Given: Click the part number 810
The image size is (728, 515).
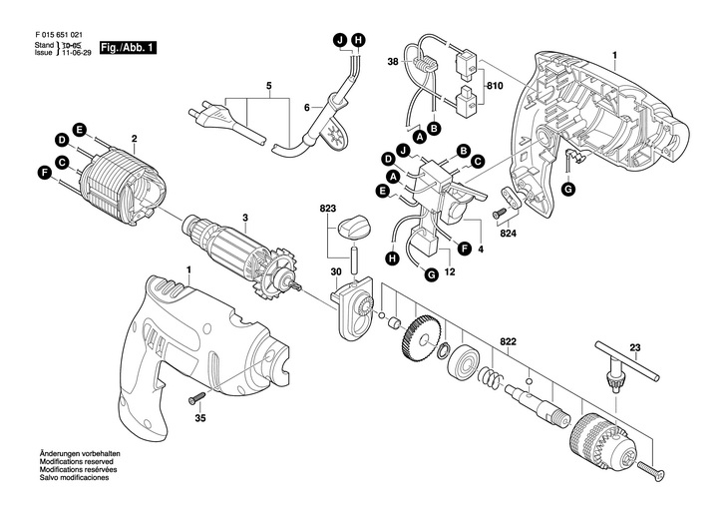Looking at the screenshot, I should [495, 87].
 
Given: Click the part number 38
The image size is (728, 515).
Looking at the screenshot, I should [392, 63].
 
